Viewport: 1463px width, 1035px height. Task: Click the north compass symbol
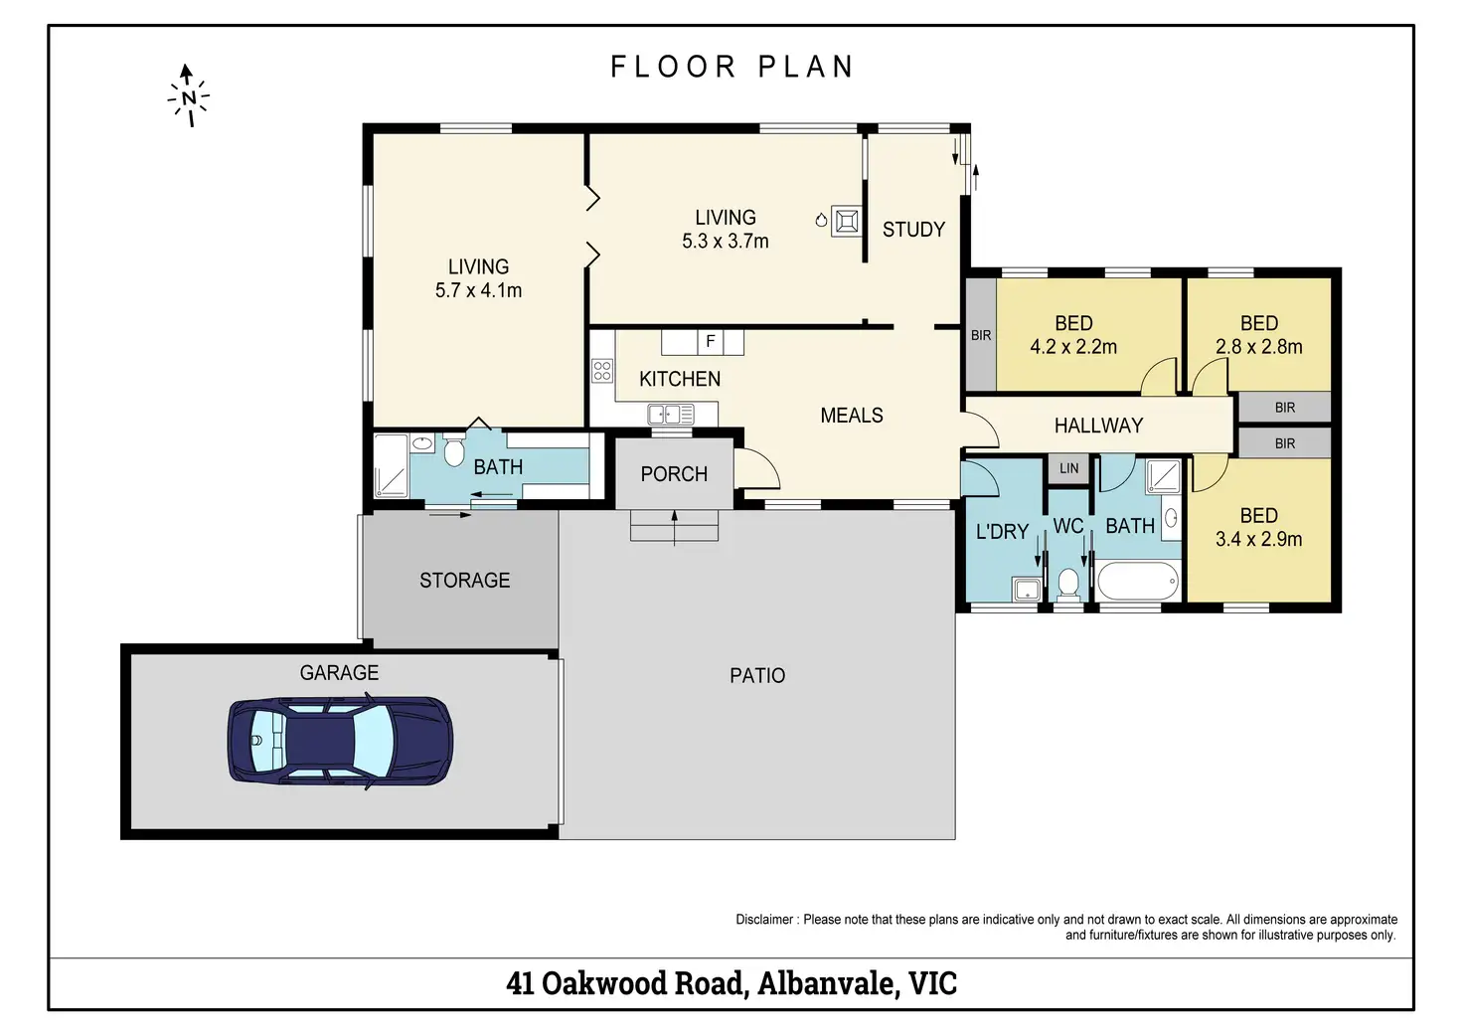[x=188, y=95]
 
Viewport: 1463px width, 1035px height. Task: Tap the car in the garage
[x=340, y=741]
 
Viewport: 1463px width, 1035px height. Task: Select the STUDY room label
[x=913, y=230]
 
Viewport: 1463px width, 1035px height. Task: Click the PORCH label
[x=674, y=473]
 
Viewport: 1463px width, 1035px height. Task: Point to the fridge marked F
[x=711, y=342]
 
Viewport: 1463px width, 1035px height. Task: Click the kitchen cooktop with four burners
[x=602, y=371]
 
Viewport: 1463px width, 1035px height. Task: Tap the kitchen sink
[x=671, y=415]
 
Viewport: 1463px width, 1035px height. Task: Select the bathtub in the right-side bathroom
[x=1137, y=581]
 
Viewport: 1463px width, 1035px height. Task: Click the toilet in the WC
[x=1067, y=584]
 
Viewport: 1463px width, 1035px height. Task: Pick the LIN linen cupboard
[x=1069, y=468]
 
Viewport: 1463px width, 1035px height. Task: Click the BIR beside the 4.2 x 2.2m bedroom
[x=981, y=335]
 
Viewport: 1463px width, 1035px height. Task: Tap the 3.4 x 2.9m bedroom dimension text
[x=1258, y=539]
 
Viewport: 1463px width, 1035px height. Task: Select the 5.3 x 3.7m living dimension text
[x=725, y=242]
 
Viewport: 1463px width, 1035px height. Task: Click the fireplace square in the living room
[x=847, y=222]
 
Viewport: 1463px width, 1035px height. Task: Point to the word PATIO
[x=757, y=675]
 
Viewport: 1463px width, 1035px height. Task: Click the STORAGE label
[x=464, y=581]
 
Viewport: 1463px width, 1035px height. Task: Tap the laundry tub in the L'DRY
[x=1027, y=589]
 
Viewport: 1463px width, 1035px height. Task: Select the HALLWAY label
[x=1098, y=426]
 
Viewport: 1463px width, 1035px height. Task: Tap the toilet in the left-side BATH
[x=453, y=450]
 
